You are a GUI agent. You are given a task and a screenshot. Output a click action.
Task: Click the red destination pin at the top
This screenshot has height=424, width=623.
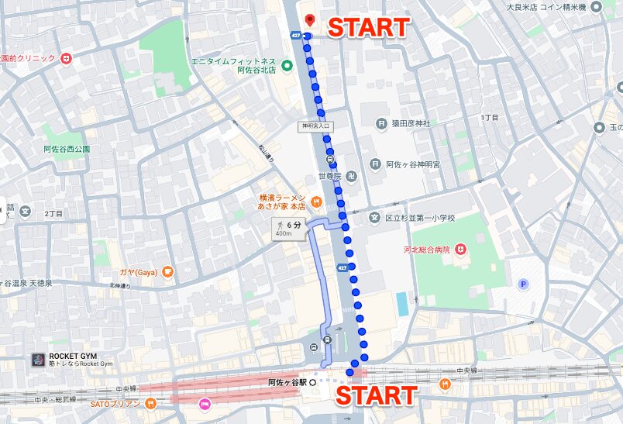coord(308,20)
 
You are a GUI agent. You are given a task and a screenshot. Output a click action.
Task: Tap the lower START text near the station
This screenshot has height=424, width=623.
coord(376,395)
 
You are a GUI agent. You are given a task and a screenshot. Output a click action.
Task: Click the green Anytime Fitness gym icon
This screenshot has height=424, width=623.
coord(286,64)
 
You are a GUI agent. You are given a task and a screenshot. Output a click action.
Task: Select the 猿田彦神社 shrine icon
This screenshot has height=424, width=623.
coord(381,123)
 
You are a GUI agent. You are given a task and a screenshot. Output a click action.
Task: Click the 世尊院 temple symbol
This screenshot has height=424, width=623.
coord(351,178)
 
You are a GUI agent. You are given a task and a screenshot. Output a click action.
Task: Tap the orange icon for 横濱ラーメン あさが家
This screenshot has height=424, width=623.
coord(316,202)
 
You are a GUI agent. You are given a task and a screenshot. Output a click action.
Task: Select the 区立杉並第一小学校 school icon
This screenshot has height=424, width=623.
coord(375,218)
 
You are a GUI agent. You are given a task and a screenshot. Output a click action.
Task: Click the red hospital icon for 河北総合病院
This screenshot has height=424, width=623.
coord(461,250)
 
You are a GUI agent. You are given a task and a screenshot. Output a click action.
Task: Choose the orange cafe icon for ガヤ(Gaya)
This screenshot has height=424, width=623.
coord(167,272)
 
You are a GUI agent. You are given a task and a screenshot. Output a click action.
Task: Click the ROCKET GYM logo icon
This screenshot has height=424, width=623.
coord(36,360)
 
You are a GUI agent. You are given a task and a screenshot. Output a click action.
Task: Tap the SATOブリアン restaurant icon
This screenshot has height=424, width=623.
coord(150,403)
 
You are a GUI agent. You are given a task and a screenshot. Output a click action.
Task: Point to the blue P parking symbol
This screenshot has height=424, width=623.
coord(524,284)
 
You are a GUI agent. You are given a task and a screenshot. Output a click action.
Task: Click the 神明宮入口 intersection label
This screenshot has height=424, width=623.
coord(316,126)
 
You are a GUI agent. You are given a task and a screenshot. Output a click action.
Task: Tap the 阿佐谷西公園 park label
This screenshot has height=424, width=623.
coord(67,149)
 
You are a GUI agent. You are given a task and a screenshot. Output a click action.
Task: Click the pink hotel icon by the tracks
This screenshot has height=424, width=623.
coord(205,403)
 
